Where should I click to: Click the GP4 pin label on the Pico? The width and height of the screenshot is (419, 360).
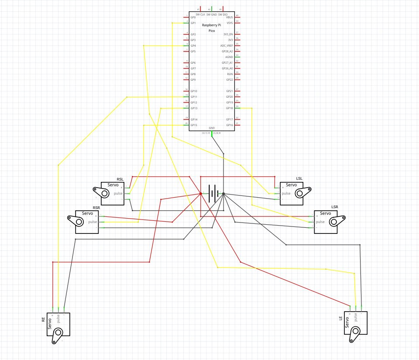[x=193, y=46]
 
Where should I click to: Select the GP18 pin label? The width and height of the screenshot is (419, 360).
[x=230, y=108]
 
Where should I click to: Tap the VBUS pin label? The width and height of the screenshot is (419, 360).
[x=230, y=17]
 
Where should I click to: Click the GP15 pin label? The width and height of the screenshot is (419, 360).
[x=194, y=125]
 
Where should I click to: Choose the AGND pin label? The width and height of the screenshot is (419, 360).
[x=229, y=57]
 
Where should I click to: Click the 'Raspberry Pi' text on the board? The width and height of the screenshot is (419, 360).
[x=212, y=25]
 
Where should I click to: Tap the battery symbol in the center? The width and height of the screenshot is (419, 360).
[x=212, y=193]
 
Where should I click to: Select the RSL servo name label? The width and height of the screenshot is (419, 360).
[x=120, y=180]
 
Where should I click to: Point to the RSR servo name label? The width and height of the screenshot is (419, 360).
[x=96, y=208]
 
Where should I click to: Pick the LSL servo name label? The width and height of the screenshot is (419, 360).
[x=299, y=179]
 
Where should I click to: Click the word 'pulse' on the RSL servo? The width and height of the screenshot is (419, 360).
[x=118, y=193]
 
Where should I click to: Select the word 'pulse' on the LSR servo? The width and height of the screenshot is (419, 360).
[x=320, y=222]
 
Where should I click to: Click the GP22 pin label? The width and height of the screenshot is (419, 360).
[x=230, y=80]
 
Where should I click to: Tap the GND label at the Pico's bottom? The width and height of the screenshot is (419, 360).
[x=212, y=128]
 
